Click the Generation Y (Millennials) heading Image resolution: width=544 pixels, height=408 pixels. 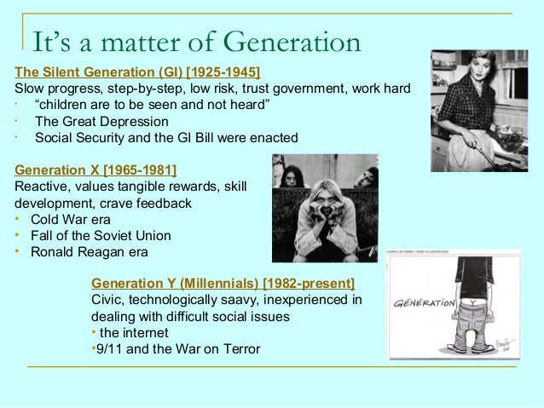pyautogui.click(x=223, y=283)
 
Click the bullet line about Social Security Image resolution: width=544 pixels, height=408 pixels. pyautogui.click(x=166, y=137)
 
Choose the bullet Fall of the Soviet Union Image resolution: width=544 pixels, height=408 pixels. pyautogui.click(x=101, y=235)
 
